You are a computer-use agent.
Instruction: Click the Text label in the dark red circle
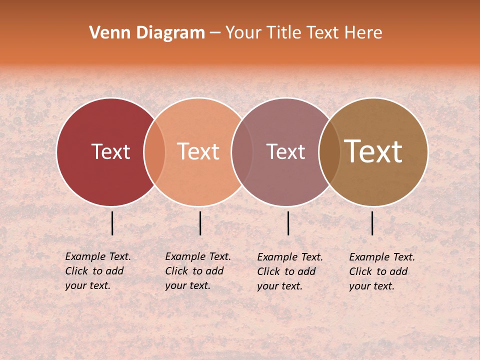(110, 152)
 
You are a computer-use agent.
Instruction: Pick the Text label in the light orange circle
(198, 152)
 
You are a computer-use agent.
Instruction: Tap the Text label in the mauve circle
(285, 152)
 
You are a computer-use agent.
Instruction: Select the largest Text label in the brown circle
(373, 151)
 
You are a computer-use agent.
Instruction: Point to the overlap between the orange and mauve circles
(242, 152)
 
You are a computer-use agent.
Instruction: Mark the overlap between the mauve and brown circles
(329, 152)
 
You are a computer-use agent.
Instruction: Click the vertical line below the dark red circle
(112, 223)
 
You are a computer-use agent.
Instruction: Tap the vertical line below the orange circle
(200, 223)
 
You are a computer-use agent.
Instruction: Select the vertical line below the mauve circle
(288, 223)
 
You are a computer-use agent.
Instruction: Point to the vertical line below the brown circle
(372, 223)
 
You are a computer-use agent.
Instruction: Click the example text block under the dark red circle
(98, 271)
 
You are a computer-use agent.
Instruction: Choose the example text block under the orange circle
(198, 271)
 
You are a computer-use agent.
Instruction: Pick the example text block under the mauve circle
(290, 271)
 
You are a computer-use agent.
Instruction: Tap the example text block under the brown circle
(382, 271)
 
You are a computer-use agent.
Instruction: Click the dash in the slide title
(215, 33)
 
